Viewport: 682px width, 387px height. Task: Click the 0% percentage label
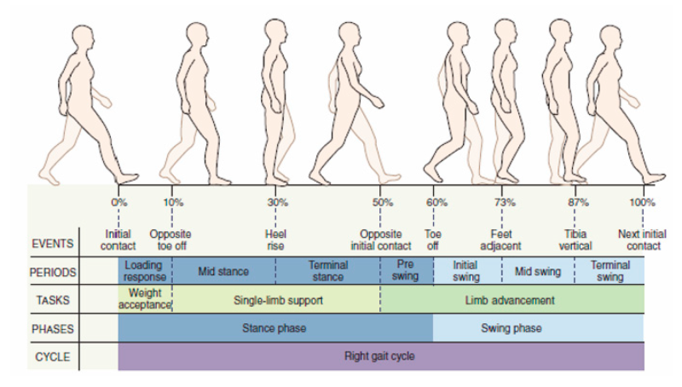point(118,203)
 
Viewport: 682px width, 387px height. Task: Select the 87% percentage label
point(578,203)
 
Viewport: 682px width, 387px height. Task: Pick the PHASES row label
point(53,327)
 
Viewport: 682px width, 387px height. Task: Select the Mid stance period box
point(223,272)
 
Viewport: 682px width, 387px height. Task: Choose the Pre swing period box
point(406,271)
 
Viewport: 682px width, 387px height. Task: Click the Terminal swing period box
point(610,271)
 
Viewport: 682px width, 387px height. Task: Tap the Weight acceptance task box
point(146,299)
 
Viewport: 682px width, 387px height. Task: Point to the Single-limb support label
point(275,300)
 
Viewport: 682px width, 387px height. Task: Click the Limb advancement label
point(511,300)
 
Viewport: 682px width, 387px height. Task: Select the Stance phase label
point(275,327)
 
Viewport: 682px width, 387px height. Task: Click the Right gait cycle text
point(379,355)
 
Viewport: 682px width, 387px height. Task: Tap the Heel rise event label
point(276,240)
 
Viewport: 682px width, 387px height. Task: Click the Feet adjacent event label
point(501,240)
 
